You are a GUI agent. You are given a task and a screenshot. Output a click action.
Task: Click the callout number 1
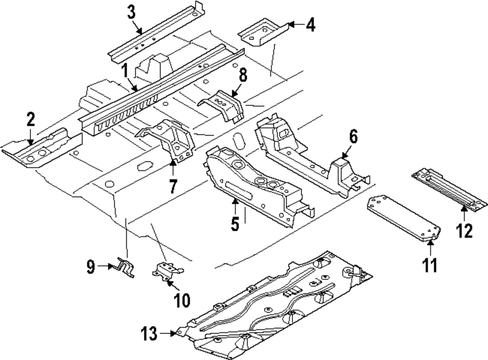[125, 70]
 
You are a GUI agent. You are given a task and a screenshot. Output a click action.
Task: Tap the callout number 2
[30, 119]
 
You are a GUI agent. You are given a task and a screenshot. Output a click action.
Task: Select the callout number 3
[132, 13]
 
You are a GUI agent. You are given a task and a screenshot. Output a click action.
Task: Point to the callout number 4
[310, 24]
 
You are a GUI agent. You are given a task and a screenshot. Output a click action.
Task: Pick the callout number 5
[235, 224]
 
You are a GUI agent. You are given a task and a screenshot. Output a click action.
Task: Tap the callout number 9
[91, 267]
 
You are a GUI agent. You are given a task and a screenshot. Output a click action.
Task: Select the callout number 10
[182, 300]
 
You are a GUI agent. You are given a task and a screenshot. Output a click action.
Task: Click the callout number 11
[429, 265]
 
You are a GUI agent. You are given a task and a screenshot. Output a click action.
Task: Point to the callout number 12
[464, 231]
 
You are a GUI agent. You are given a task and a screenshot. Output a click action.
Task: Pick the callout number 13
[149, 334]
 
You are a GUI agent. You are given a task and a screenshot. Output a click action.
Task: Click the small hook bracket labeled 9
[126, 267]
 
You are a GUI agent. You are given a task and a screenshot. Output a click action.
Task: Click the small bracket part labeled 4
[264, 32]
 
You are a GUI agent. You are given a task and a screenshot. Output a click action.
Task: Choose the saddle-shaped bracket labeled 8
[222, 106]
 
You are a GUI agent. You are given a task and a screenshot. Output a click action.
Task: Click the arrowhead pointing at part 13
[173, 334]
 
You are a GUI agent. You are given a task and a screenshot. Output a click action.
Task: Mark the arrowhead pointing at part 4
[292, 24]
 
